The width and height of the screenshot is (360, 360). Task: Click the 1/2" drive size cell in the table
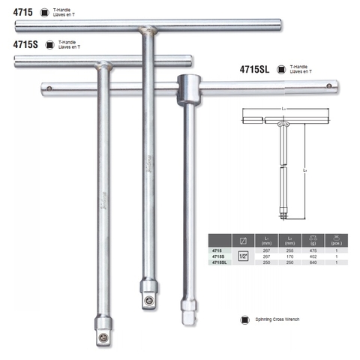click(x=243, y=256)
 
